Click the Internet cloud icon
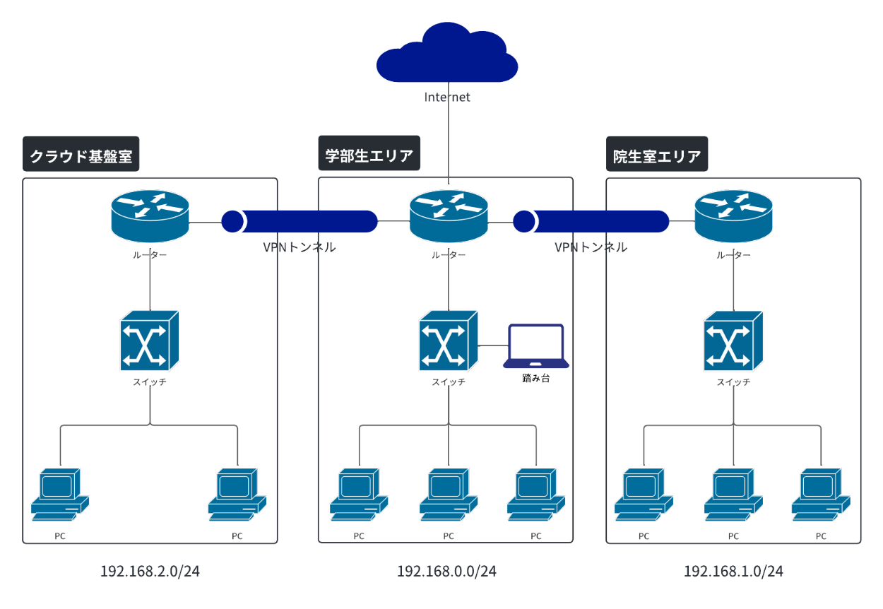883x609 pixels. [x=446, y=55]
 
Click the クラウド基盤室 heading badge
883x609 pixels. [x=81, y=155]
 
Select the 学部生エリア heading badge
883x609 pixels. [x=369, y=155]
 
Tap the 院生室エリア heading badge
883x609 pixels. [x=657, y=155]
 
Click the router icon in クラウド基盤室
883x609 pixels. [x=150, y=215]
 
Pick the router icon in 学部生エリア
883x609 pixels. [x=449, y=215]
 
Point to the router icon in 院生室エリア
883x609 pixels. [x=733, y=215]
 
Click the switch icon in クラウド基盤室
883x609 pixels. [x=149, y=341]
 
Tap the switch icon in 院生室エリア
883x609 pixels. [x=733, y=341]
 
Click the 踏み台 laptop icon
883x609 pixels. [x=536, y=346]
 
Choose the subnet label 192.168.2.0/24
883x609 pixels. [x=150, y=571]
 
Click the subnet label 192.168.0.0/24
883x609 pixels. [x=446, y=571]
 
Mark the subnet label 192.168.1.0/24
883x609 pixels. [x=733, y=571]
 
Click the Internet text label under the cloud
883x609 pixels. [x=446, y=97]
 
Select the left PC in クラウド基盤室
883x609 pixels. [x=60, y=494]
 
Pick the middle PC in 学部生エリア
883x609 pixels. [x=449, y=494]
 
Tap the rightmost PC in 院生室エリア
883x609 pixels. [x=821, y=494]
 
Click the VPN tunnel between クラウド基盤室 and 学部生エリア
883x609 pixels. [x=300, y=221]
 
